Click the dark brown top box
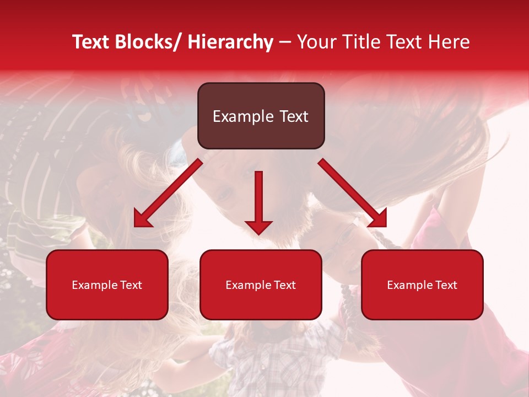(261, 116)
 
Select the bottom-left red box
(107, 285)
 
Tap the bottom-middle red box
(261, 285)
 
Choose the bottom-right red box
(422, 285)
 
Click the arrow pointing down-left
(168, 193)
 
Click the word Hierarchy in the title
(230, 42)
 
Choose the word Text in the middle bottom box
(284, 285)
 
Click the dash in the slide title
(285, 42)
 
